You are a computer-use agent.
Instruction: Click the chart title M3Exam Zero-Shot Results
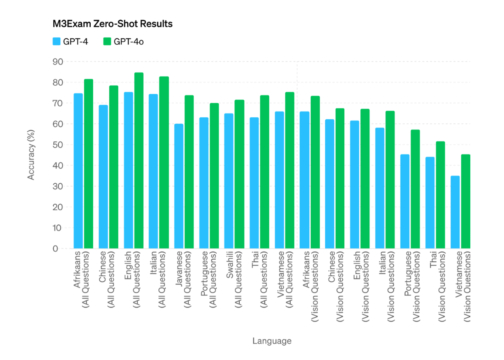tap(112, 24)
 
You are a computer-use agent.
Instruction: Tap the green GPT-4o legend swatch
tap(108, 41)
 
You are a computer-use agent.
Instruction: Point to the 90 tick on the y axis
tap(57, 62)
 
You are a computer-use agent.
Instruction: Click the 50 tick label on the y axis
tap(57, 145)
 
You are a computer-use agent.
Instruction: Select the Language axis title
tap(272, 341)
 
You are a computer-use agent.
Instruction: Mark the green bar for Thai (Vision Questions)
tap(440, 195)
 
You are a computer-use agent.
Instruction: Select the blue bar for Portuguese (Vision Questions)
tap(405, 201)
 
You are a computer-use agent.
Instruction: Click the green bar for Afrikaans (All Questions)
tap(89, 164)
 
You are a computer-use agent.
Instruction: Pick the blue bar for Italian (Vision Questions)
tap(380, 188)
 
